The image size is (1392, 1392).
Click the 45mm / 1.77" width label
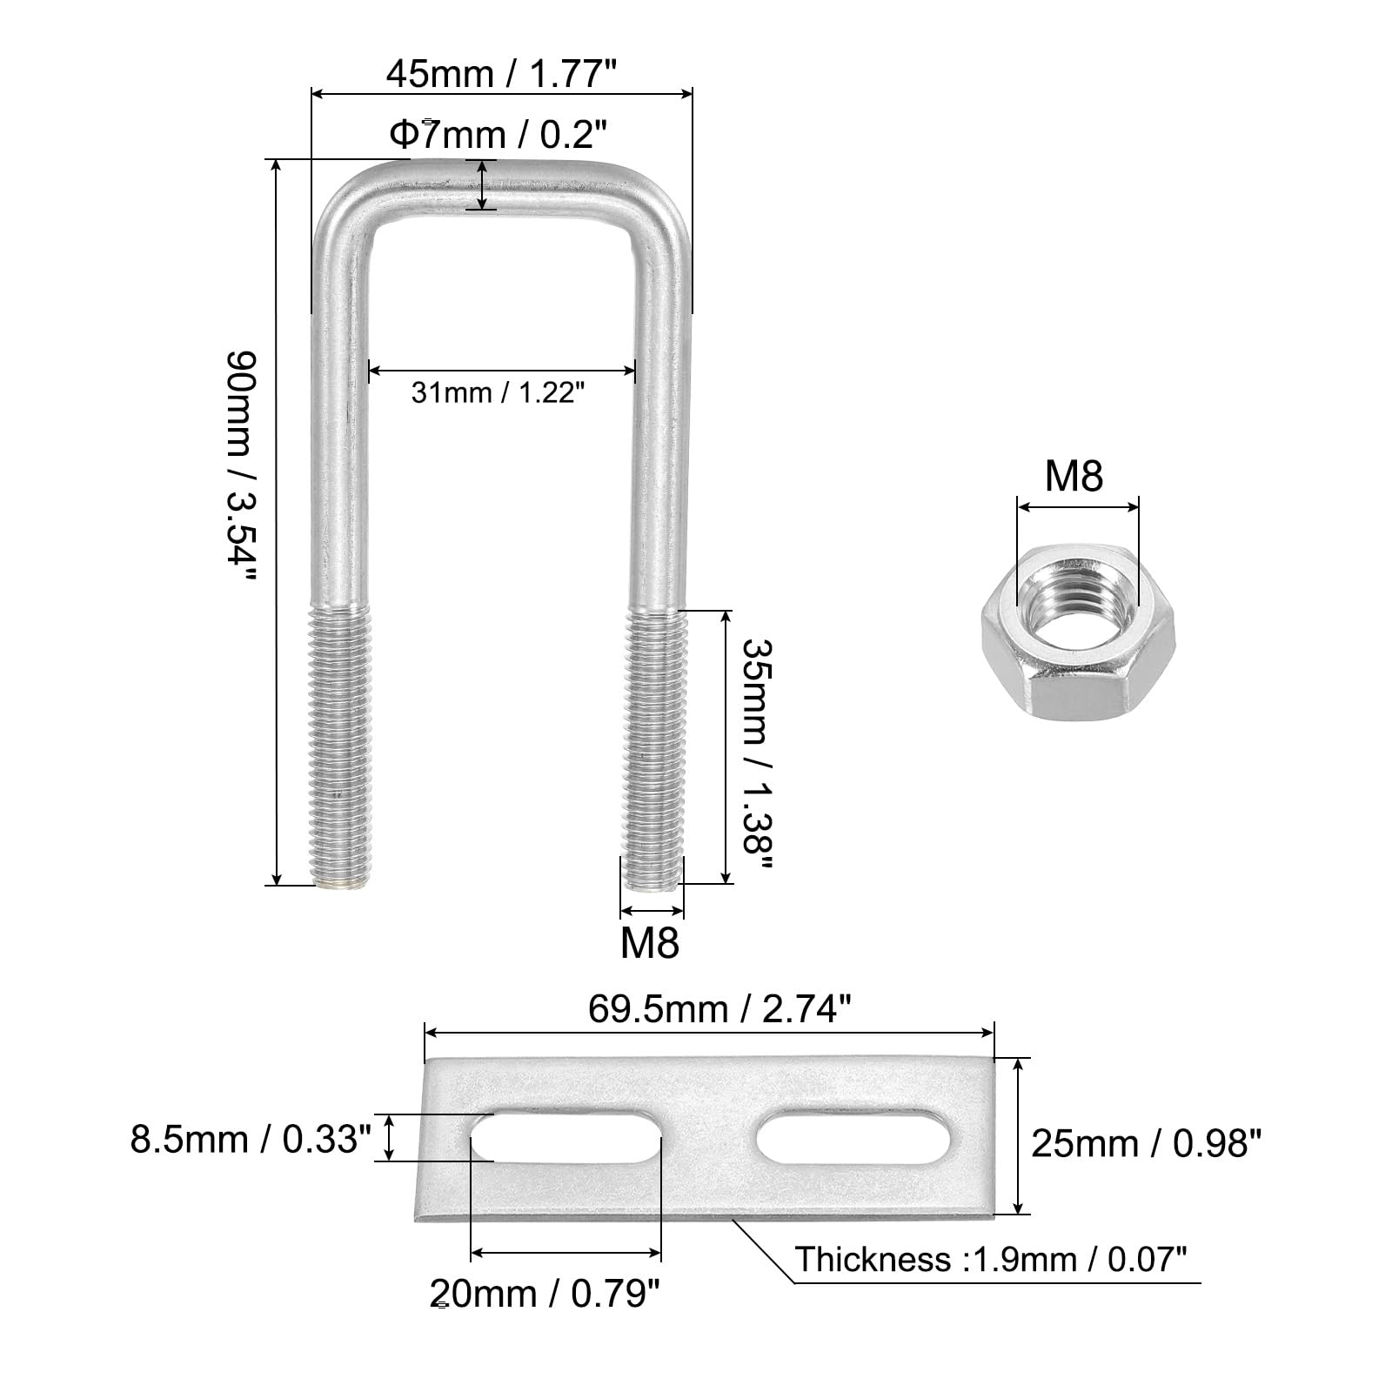point(501,74)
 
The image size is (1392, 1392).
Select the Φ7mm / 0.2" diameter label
point(498,134)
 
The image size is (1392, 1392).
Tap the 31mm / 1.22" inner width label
point(493,392)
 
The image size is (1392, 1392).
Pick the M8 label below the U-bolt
point(650,942)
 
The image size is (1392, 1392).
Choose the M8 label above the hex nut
point(1074,476)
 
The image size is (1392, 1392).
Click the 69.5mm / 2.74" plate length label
point(719,1009)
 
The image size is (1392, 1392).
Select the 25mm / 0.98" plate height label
point(1146,1143)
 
